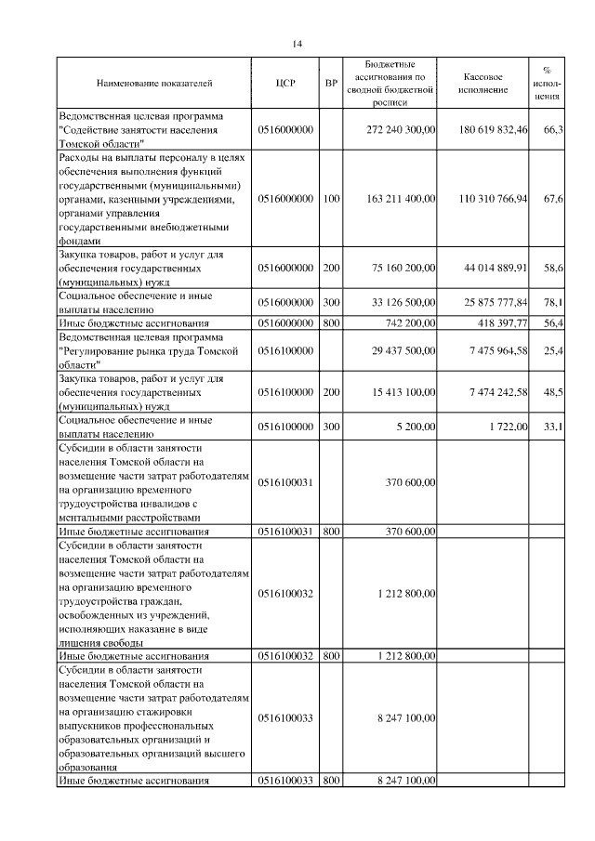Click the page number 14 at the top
coord(297,44)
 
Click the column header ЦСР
coord(285,84)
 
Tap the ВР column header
coord(330,84)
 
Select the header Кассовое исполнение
coord(483,84)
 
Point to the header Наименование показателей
coord(154,84)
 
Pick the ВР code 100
coord(330,199)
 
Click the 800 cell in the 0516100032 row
coord(330,656)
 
